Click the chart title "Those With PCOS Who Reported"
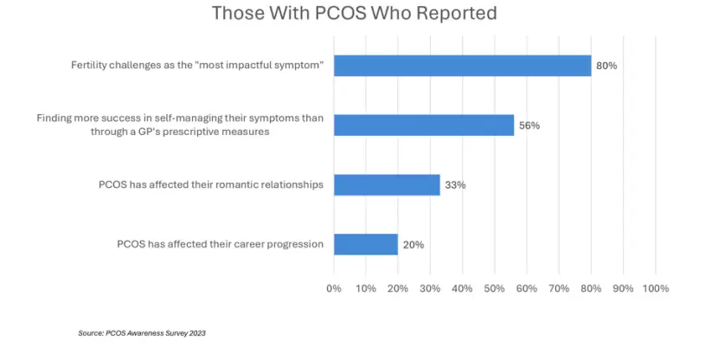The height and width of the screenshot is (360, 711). (x=354, y=13)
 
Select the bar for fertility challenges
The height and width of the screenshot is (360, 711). (x=463, y=66)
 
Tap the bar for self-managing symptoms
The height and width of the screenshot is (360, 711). (x=424, y=125)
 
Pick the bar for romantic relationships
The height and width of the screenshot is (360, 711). (x=387, y=185)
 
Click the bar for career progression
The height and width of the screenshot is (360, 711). (x=366, y=244)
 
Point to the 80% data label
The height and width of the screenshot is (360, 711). (x=606, y=66)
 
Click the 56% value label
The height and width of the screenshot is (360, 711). (x=529, y=125)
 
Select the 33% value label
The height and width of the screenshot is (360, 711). (x=455, y=185)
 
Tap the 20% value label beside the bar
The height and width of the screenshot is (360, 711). (x=413, y=245)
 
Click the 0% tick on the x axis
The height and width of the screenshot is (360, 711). (x=334, y=288)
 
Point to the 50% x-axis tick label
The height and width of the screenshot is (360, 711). (x=494, y=288)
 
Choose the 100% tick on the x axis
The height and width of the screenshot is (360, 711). (x=656, y=288)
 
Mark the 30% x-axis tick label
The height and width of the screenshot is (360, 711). (x=430, y=288)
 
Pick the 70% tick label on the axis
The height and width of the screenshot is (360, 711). (x=559, y=288)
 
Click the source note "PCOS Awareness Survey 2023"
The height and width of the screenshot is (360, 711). (x=156, y=333)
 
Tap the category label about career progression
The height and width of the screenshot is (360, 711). (x=221, y=244)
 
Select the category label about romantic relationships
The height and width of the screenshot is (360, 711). (x=211, y=185)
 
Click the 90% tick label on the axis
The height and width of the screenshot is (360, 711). (x=623, y=288)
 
